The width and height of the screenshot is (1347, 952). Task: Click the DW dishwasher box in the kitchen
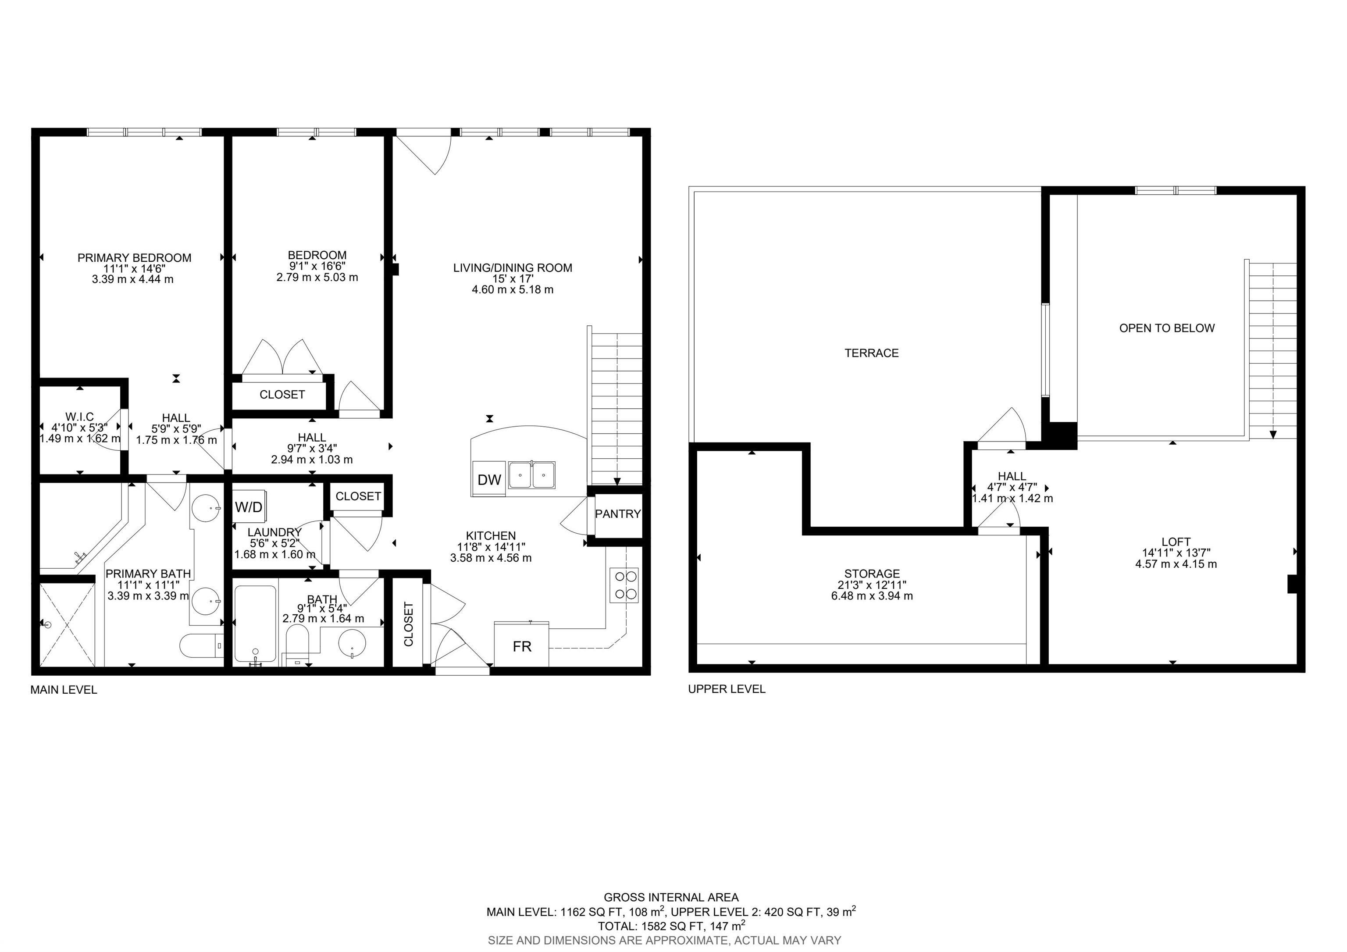pos(489,479)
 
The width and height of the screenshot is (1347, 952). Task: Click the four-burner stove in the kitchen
pos(624,585)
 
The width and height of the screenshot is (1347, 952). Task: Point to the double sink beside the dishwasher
pos(531,474)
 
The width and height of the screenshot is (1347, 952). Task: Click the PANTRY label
pos(617,514)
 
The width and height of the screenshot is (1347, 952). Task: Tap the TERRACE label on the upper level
pos(871,353)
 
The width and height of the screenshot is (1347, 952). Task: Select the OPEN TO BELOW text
pos(1166,328)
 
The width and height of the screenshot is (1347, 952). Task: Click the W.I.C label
pos(80,417)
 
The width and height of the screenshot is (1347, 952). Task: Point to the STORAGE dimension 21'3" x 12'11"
pos(871,585)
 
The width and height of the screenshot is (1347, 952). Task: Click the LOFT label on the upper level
pos(1176,542)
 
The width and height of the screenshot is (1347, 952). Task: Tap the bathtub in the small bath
pos(255,625)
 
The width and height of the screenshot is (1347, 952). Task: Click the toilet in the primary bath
pos(200,646)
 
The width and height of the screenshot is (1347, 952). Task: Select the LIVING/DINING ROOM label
pos(512,268)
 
